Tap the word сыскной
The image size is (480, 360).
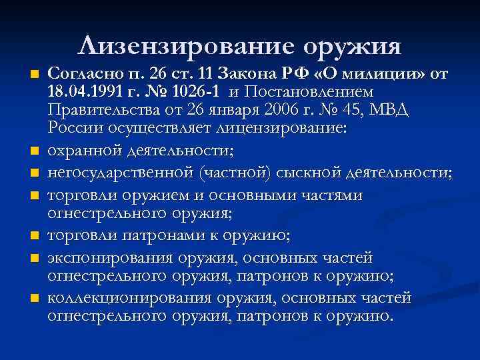coord(309,173)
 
